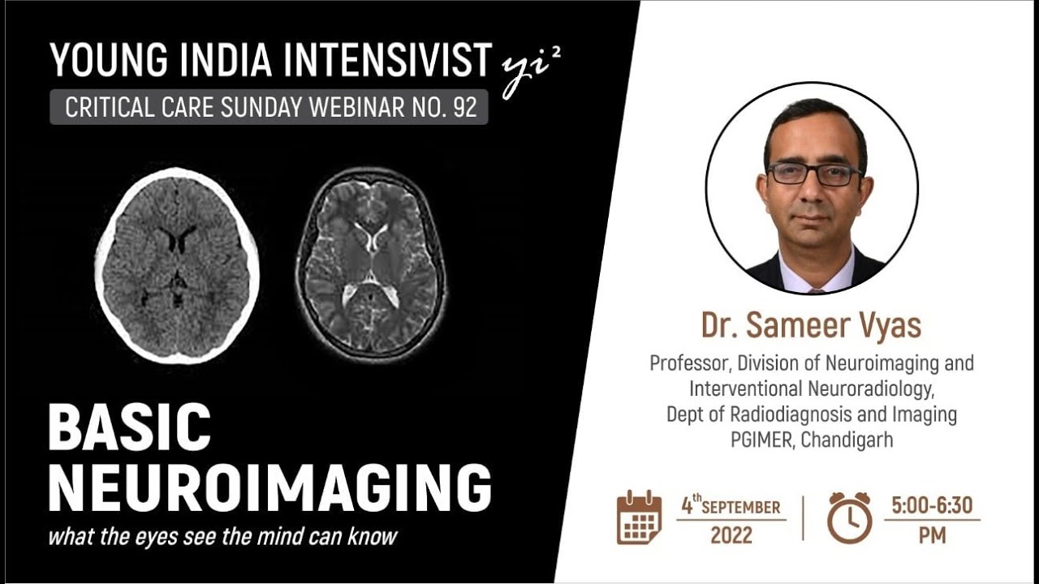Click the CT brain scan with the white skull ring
coord(176,264)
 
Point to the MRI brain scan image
coord(370,264)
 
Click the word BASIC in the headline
coord(130,427)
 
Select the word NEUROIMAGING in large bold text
coord(269,487)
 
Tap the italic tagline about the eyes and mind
coord(222,537)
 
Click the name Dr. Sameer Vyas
coord(811,325)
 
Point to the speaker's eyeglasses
coord(814,174)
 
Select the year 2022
coord(731,535)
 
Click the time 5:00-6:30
coord(931,505)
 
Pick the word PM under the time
coord(932,535)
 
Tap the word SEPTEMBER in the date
coord(740,508)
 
